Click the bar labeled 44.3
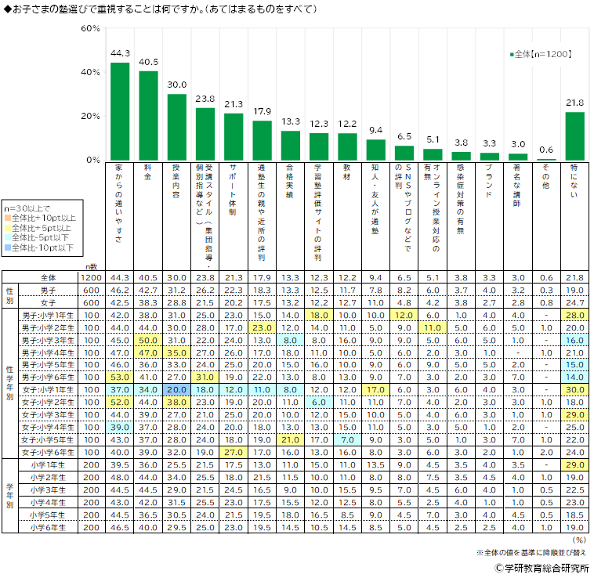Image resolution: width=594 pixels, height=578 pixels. coord(120,111)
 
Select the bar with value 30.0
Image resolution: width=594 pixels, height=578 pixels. coord(177,127)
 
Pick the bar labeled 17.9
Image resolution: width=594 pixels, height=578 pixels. coord(262,140)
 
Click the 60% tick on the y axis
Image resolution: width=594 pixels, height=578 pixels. coord(90,29)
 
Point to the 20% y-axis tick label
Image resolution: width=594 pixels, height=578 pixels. coord(90,116)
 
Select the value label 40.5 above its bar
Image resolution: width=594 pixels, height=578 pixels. coord(148,62)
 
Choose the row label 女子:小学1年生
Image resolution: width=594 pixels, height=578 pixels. coord(48,390)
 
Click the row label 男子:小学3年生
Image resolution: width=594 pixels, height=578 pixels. coord(48,341)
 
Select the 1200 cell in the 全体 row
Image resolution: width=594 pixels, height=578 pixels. coord(90,278)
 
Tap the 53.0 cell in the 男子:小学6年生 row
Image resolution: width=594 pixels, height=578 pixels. coord(120,378)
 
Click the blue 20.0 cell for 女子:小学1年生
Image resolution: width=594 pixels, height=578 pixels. coord(177,390)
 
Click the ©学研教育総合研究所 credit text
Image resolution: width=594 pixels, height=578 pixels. coord(541,569)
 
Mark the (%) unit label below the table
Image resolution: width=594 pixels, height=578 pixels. coord(579,540)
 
